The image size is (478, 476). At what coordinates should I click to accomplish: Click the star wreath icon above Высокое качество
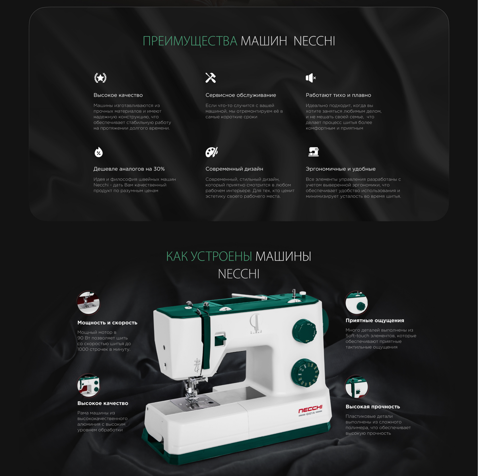click(x=100, y=78)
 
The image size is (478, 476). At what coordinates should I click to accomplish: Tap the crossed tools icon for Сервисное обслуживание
click(x=211, y=78)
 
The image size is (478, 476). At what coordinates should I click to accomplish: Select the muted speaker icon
click(x=311, y=78)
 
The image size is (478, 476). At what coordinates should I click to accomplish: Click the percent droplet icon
click(x=98, y=152)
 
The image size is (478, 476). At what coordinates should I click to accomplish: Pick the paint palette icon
click(x=211, y=152)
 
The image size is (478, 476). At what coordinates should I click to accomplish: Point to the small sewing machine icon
click(x=313, y=152)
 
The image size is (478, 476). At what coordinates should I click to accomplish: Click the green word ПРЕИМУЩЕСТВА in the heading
click(x=190, y=41)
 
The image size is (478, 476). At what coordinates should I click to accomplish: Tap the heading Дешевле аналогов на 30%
click(x=129, y=169)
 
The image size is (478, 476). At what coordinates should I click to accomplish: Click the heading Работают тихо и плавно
click(x=338, y=95)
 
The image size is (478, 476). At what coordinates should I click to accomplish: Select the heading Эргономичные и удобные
click(x=341, y=169)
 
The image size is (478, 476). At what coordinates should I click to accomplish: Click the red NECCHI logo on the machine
click(x=310, y=410)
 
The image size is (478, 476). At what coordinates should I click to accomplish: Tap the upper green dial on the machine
click(x=304, y=331)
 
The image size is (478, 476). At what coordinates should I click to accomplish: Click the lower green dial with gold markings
click(x=305, y=373)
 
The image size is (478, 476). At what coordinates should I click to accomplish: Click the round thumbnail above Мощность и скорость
click(x=88, y=302)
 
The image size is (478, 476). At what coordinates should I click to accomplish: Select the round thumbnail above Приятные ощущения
click(x=357, y=302)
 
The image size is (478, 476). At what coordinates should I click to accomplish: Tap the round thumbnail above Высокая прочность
click(x=357, y=386)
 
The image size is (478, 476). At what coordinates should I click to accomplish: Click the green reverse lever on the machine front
click(x=220, y=339)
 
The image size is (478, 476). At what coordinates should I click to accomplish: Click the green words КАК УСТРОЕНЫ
click(x=209, y=256)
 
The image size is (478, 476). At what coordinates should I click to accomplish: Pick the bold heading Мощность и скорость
click(x=107, y=323)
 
